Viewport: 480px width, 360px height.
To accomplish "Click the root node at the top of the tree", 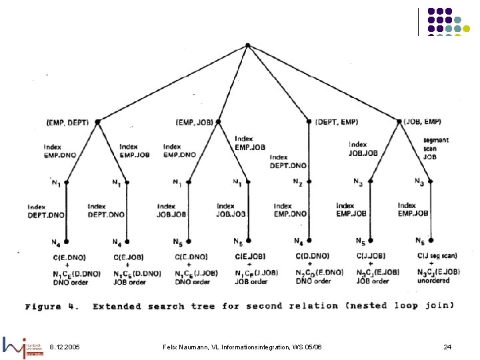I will pyautogui.click(x=247, y=45).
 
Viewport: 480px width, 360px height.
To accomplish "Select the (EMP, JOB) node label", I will pyautogui.click(x=195, y=123).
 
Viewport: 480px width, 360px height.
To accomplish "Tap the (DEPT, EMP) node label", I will pyautogui.click(x=337, y=122).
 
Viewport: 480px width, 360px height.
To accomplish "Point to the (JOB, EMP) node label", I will pyautogui.click(x=422, y=122).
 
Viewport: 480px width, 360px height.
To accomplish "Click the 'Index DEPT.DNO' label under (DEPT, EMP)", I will pyautogui.click(x=288, y=161).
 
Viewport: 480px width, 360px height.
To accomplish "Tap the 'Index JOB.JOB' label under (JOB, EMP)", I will pyautogui.click(x=363, y=149).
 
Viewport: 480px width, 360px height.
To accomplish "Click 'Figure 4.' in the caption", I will pyautogui.click(x=52, y=307).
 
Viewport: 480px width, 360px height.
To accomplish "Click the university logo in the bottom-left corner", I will pyautogui.click(x=23, y=346).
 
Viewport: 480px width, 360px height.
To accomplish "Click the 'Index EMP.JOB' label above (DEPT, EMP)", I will pyautogui.click(x=250, y=143).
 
